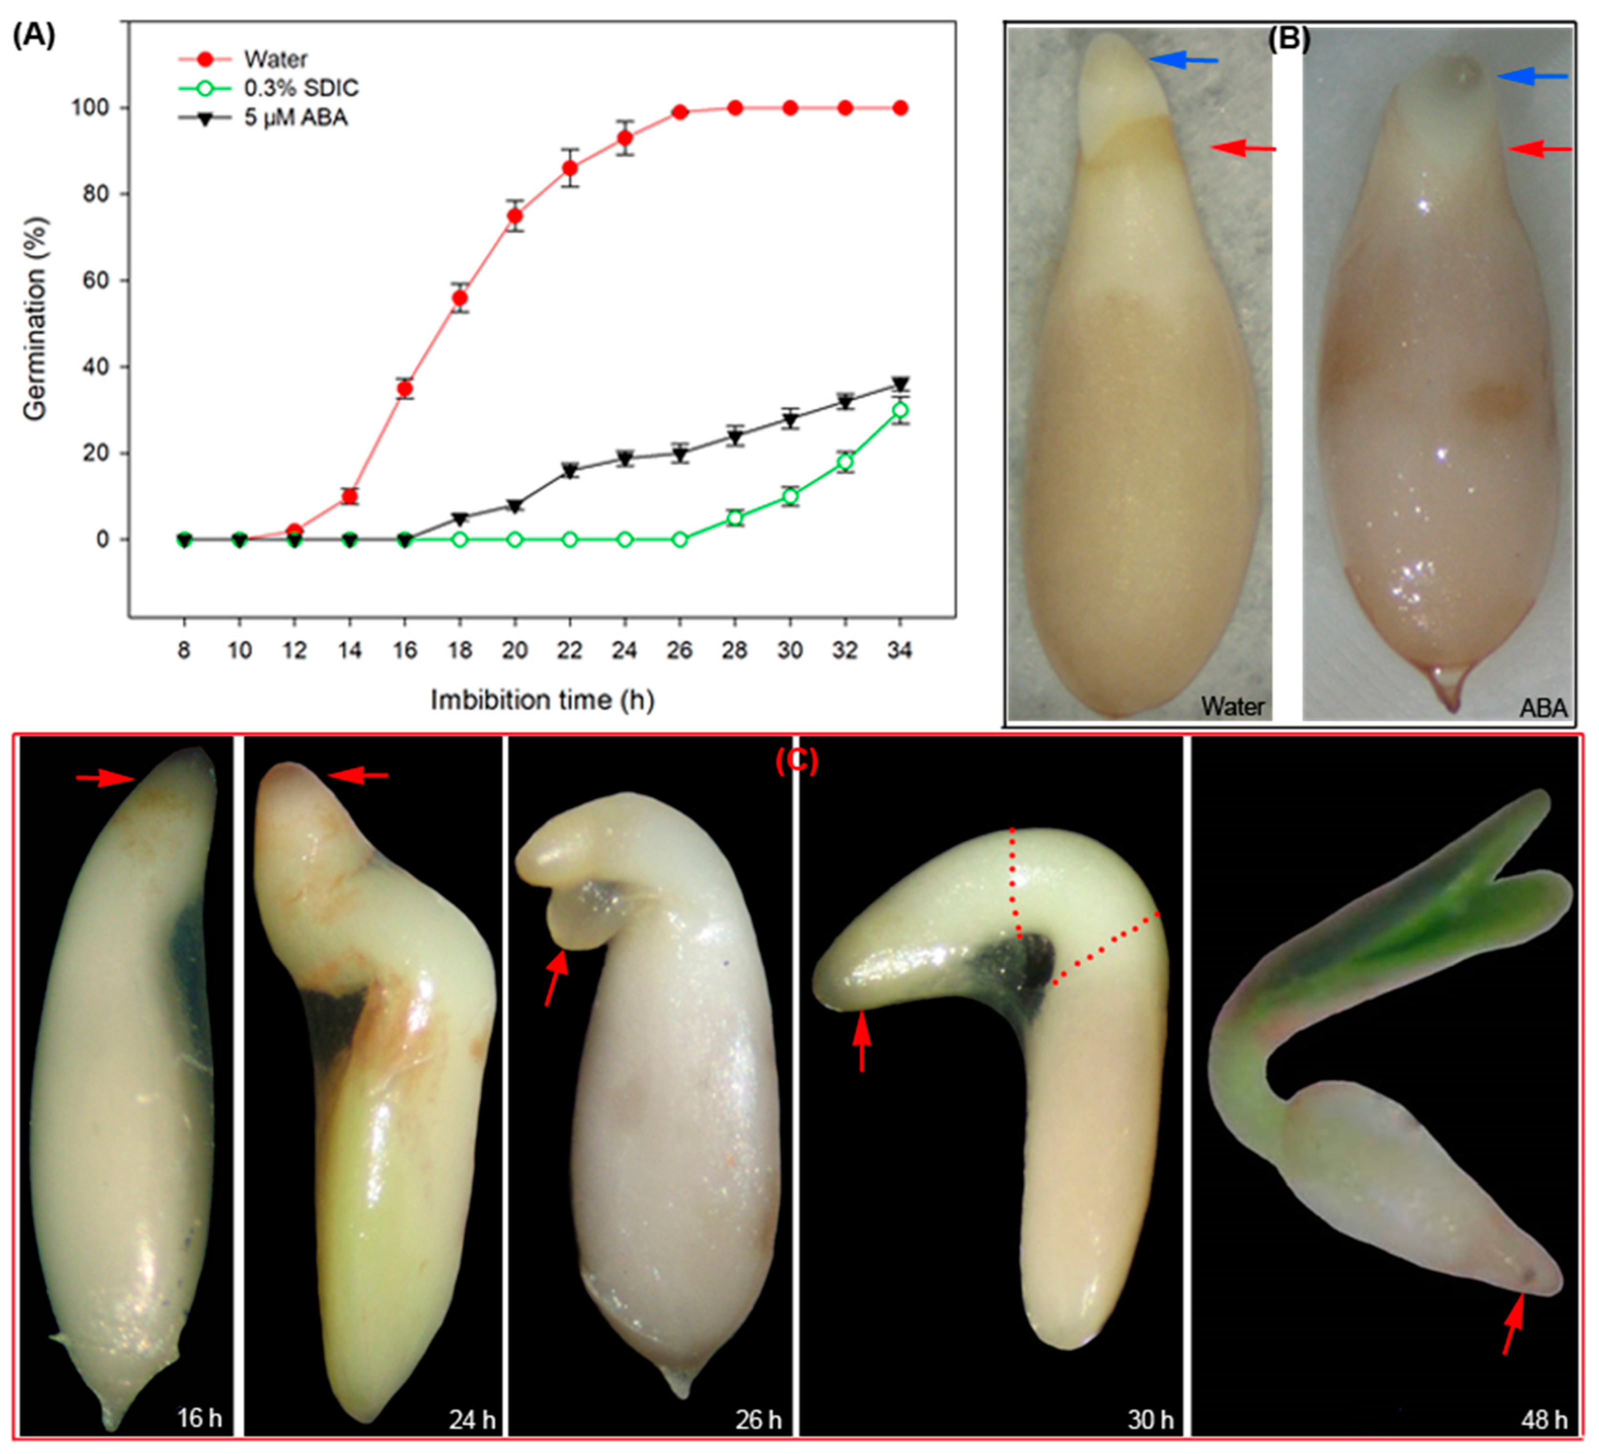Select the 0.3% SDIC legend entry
[x=300, y=88]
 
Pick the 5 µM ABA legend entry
[x=295, y=117]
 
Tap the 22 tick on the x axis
[x=569, y=650]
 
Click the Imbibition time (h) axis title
[x=542, y=699]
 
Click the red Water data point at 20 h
[x=515, y=216]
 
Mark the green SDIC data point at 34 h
[x=900, y=410]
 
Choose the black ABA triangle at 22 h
[x=569, y=470]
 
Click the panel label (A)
[x=34, y=35]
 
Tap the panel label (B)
[x=1289, y=38]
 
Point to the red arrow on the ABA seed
[x=1538, y=148]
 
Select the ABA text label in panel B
[x=1542, y=707]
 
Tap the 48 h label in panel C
[x=1544, y=1418]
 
